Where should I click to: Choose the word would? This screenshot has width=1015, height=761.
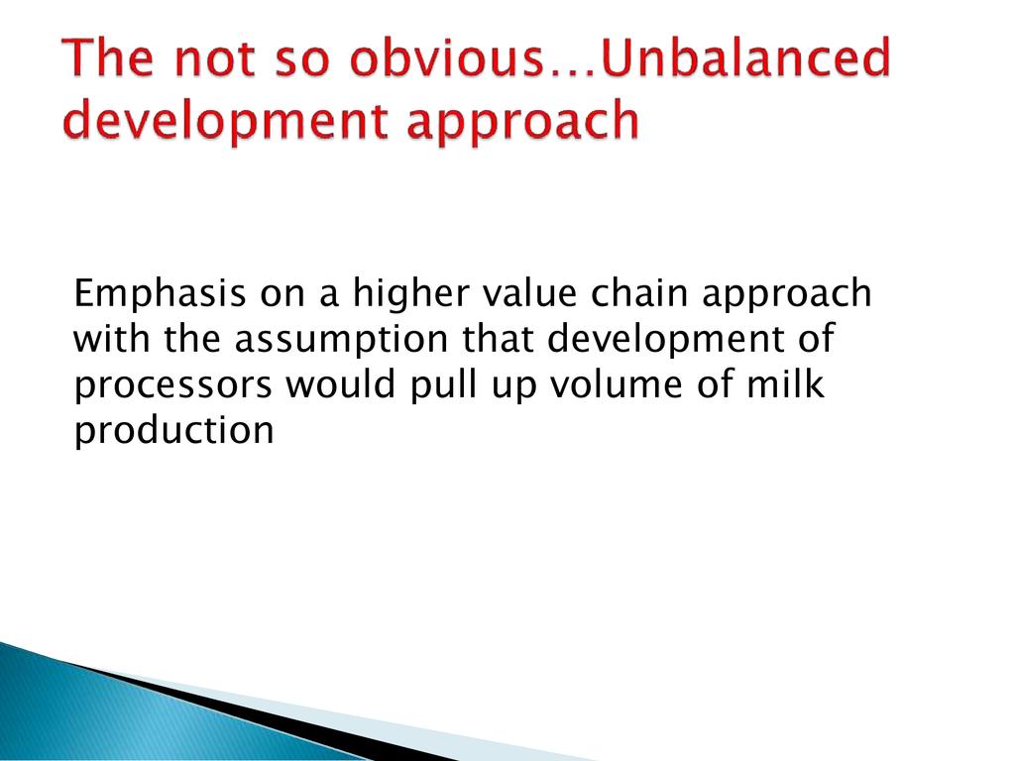(x=341, y=383)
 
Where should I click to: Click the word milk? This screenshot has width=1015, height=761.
(x=786, y=383)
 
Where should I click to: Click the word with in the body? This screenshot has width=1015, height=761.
(x=111, y=338)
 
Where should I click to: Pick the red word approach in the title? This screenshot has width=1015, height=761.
(x=523, y=121)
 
